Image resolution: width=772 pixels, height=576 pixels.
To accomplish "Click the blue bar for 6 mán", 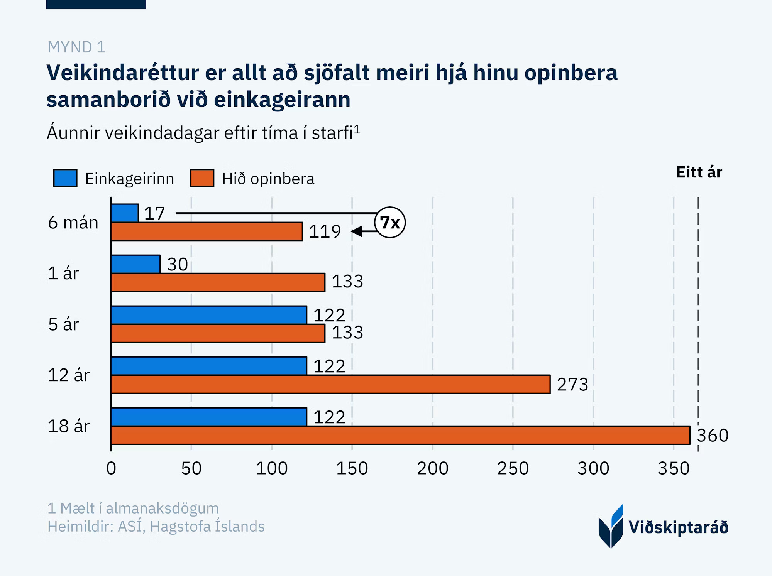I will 125,213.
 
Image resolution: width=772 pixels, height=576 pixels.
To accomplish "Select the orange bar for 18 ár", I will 400,435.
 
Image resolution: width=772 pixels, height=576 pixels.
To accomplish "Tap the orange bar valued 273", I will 330,384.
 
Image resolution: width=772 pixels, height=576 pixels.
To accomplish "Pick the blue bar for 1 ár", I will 135,264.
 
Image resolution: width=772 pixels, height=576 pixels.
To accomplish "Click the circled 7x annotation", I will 390,222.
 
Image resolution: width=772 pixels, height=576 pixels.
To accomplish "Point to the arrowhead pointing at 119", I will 357,231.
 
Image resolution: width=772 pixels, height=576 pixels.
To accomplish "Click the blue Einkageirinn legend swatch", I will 65,178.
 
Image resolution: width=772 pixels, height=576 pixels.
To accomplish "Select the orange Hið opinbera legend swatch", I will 202,178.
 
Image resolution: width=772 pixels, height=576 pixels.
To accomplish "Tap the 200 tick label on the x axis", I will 433,468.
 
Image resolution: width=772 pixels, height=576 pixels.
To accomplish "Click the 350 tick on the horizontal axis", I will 674,468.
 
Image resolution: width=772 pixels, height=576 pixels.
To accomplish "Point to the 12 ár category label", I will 69,375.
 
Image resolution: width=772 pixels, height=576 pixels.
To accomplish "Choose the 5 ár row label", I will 63,324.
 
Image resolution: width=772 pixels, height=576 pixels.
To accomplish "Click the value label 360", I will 713,436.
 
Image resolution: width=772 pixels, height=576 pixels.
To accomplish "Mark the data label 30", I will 178,264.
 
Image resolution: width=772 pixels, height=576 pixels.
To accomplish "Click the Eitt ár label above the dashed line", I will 699,172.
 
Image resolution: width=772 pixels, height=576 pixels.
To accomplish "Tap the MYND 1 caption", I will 76,47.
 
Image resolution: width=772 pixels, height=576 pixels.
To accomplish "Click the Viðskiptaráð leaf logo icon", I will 611,527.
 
